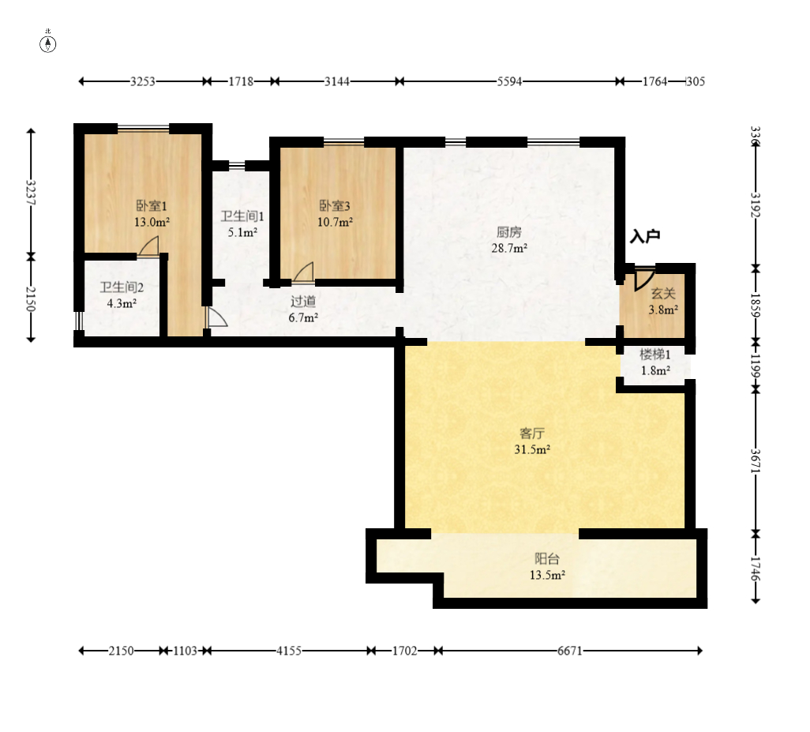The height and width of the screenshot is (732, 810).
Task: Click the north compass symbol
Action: [x=48, y=44]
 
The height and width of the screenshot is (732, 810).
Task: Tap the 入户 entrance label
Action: [x=645, y=236]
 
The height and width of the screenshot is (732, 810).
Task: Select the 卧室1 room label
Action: [x=152, y=205]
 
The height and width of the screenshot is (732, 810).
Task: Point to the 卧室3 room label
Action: [x=334, y=205]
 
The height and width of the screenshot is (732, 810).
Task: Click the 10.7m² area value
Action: [x=335, y=222]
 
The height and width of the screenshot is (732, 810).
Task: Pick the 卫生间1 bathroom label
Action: [x=242, y=216]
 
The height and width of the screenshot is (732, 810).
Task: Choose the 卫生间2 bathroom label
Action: [x=122, y=287]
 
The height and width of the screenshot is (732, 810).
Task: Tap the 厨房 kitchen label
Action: [x=509, y=232]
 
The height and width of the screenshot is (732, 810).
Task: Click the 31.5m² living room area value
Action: [x=531, y=449]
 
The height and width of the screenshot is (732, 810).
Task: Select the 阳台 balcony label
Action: [x=546, y=558]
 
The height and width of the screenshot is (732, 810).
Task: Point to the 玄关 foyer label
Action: [x=663, y=294]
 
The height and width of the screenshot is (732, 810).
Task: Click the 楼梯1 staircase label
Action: [x=655, y=355]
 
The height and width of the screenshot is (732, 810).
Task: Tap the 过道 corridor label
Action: [x=302, y=301]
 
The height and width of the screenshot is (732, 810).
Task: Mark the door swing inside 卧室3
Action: [x=304, y=272]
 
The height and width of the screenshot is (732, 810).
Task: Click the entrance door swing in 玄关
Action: [x=643, y=279]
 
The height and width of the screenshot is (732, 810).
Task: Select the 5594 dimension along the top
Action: [x=509, y=81]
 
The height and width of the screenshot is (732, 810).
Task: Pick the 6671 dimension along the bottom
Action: [x=569, y=651]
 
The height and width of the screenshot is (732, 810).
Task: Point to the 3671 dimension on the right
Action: [x=756, y=461]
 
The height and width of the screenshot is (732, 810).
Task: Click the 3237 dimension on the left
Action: [x=31, y=192]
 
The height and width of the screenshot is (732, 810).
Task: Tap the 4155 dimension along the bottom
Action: [x=289, y=651]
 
